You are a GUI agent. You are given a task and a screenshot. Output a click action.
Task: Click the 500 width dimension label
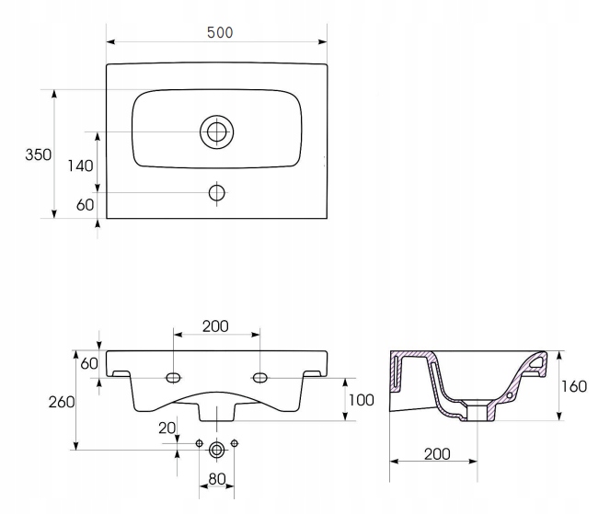click(220, 33)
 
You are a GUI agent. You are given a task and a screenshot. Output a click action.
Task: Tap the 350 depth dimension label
click(38, 154)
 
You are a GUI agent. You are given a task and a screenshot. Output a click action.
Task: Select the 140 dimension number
click(81, 166)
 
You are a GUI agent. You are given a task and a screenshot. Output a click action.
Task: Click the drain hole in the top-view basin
click(217, 131)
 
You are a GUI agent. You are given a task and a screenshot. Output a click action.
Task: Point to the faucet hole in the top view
click(217, 192)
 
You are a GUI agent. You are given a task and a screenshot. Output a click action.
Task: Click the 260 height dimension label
click(62, 402)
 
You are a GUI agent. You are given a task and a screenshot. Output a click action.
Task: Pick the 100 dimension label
click(362, 400)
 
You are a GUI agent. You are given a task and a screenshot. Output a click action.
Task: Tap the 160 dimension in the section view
click(574, 386)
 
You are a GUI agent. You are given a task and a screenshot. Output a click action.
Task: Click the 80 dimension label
click(217, 479)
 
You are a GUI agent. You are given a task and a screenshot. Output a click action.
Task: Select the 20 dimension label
click(167, 428)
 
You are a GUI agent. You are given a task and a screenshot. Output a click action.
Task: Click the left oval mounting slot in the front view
click(174, 377)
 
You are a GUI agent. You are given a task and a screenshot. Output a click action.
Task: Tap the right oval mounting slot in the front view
click(260, 377)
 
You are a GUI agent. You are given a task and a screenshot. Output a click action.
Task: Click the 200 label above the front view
click(215, 326)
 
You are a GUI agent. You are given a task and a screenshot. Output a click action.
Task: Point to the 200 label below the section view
click(437, 453)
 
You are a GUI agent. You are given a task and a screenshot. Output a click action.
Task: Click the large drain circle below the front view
click(217, 450)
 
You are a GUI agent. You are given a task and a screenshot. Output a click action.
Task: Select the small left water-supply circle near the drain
click(199, 443)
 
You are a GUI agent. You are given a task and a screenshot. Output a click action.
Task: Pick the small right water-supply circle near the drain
click(235, 443)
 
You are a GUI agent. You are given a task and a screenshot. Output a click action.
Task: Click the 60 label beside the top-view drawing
click(86, 205)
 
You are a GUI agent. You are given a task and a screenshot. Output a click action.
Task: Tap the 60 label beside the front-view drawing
click(89, 363)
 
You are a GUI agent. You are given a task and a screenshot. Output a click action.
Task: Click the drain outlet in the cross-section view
click(477, 412)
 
